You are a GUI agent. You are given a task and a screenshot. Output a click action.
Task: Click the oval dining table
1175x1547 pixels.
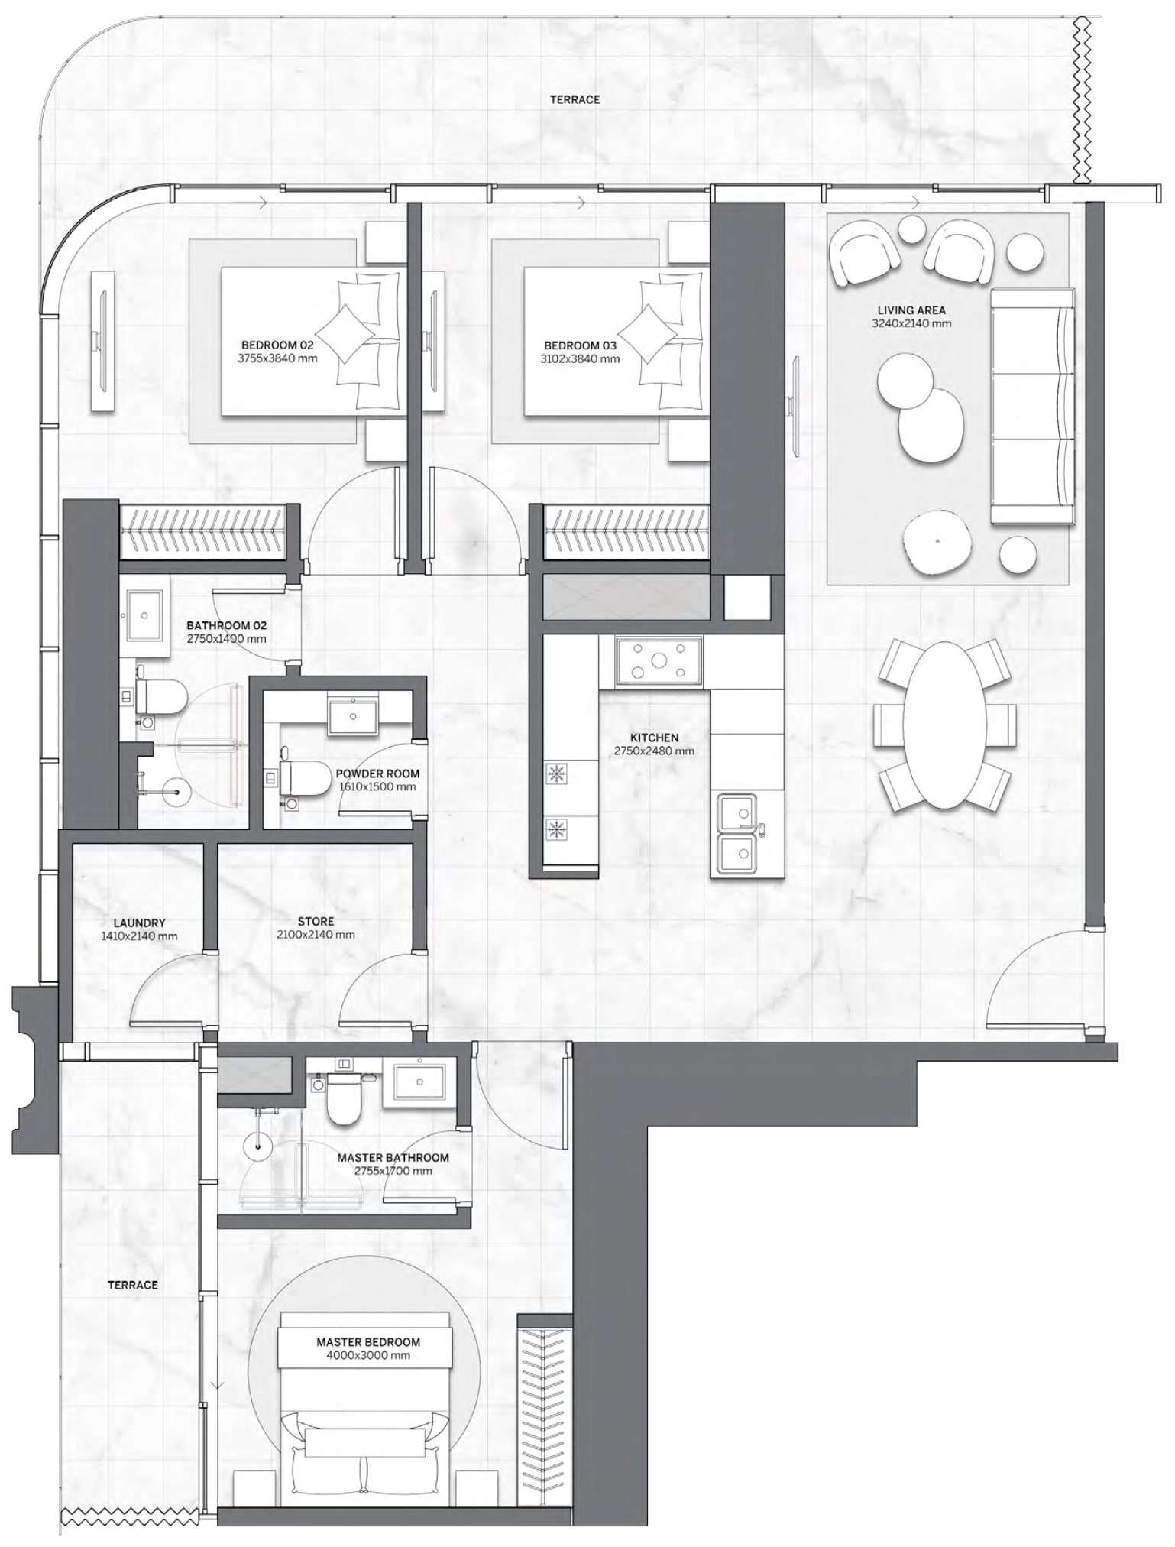point(944,725)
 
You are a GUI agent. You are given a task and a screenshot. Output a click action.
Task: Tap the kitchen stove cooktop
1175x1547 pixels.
point(659,661)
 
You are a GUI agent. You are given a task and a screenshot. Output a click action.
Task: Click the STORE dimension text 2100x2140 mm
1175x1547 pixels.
point(316,935)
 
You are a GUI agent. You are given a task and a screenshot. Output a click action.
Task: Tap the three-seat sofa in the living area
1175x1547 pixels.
point(1031,407)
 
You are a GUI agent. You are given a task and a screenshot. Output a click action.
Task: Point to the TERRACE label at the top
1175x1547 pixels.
point(575,99)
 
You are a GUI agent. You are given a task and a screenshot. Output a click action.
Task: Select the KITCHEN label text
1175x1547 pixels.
point(654,738)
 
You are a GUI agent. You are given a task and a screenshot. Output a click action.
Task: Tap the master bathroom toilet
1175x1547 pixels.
point(342,1101)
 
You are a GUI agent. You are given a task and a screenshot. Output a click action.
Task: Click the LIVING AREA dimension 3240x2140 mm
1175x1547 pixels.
point(911,323)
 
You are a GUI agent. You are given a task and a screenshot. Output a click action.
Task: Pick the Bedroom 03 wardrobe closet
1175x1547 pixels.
point(626,530)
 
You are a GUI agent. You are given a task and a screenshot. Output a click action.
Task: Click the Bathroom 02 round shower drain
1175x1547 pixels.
point(175,792)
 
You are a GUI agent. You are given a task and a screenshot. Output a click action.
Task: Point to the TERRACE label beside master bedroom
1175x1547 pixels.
point(132,1285)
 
